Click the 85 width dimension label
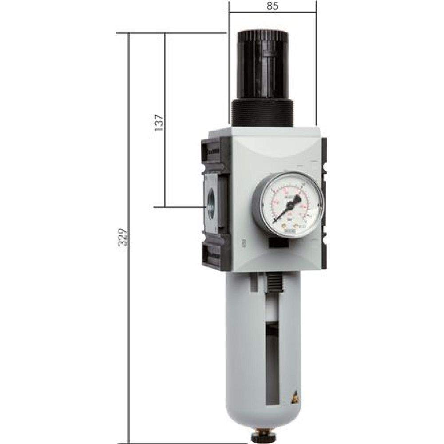pos(273,7)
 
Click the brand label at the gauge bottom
pos(289,231)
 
